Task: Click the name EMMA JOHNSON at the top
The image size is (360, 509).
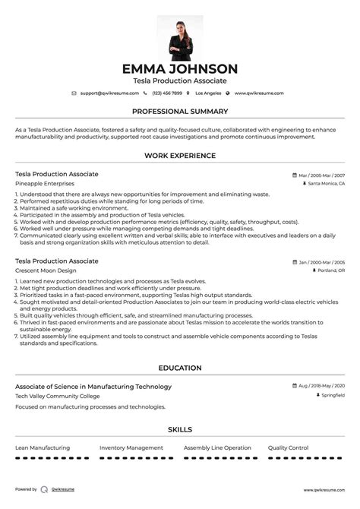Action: tap(180, 68)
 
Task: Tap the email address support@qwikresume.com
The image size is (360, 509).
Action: tap(109, 93)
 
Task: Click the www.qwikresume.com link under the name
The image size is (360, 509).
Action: tap(258, 93)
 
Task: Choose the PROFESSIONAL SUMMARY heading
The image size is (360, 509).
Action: tap(180, 111)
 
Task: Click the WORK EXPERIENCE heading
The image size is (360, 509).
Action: tap(180, 156)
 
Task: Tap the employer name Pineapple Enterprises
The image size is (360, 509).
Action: tap(45, 184)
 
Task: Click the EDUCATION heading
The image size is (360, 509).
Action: tap(180, 368)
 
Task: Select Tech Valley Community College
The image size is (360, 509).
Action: tap(56, 396)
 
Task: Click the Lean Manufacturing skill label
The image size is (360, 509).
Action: tap(43, 447)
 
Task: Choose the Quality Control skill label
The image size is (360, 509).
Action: tap(289, 447)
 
